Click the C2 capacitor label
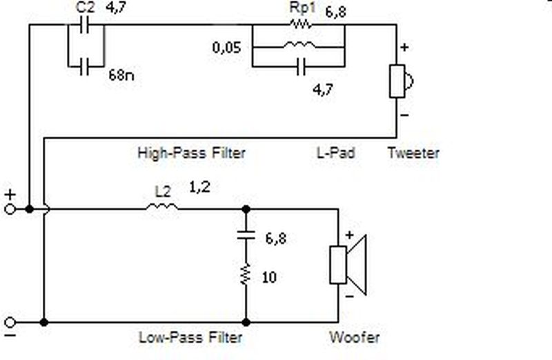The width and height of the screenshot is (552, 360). coord(85,8)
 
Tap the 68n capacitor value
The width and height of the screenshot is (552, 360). coord(121,75)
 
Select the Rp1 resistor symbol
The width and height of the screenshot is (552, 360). coord(300,24)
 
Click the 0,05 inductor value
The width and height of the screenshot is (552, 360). coord(227,48)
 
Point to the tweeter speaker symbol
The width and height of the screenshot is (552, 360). coord(401,81)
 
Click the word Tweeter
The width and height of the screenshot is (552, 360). coord(413,153)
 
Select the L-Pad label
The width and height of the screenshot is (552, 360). coord(336,152)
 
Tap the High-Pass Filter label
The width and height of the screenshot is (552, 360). coord(191,153)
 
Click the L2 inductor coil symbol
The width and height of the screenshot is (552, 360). coord(162,207)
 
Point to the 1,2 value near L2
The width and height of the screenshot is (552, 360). coord(199,187)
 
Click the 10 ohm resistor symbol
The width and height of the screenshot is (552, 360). coord(246,273)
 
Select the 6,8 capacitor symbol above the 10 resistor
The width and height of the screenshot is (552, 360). coord(246,234)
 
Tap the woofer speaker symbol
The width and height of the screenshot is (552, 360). coord(348,265)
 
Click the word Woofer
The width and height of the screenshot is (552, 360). coord(355,337)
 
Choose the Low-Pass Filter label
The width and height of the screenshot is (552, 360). coord(190,337)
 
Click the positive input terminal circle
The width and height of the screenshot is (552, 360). coord(10,210)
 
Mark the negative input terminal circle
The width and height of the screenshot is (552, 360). coord(10,322)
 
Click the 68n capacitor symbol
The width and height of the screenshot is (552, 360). coord(84,66)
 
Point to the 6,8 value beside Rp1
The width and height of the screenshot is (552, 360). coord(335,12)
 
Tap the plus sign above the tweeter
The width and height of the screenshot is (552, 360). coord(404,47)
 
